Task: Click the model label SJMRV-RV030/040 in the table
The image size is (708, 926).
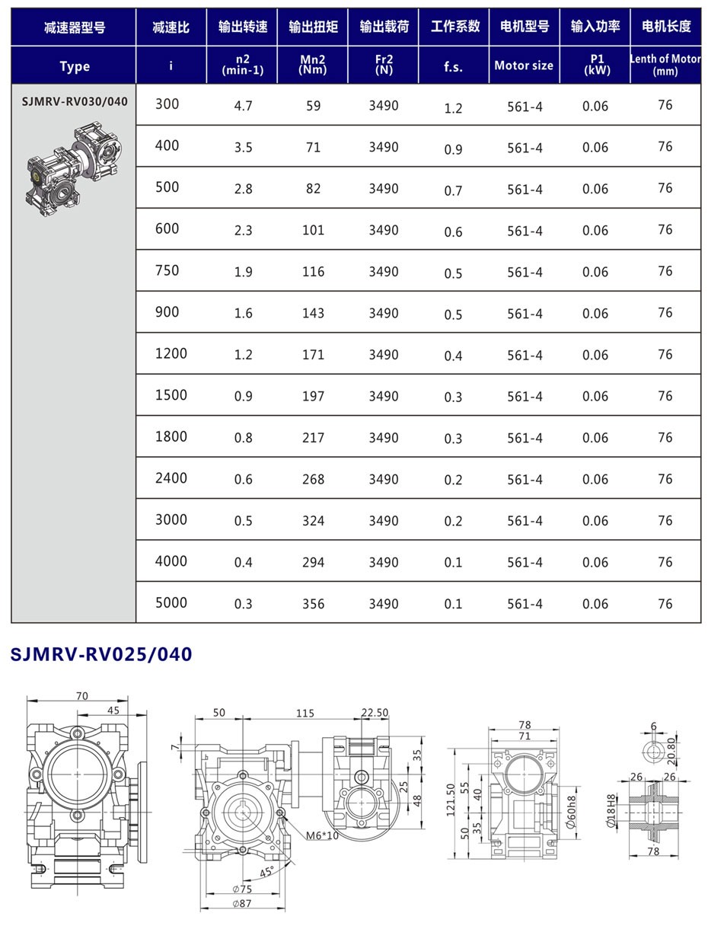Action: pyautogui.click(x=75, y=101)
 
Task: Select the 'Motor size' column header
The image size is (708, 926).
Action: pyautogui.click(x=524, y=65)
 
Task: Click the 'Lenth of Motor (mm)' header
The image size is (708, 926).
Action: pyautogui.click(x=665, y=65)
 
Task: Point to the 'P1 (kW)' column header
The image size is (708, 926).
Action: pyautogui.click(x=595, y=65)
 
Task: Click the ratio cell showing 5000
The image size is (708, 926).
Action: pyautogui.click(x=171, y=602)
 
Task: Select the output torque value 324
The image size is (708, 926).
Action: pyautogui.click(x=313, y=521)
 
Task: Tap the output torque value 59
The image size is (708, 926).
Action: pyautogui.click(x=313, y=106)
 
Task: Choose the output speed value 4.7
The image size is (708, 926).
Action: pyautogui.click(x=243, y=106)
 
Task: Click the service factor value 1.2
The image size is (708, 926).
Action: pyautogui.click(x=453, y=108)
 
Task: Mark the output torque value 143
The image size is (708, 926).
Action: pyautogui.click(x=313, y=313)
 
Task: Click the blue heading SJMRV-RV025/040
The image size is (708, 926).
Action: pyautogui.click(x=101, y=654)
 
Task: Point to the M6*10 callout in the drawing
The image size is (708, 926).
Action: pyautogui.click(x=323, y=835)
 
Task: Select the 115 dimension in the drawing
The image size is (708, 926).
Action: pyautogui.click(x=305, y=713)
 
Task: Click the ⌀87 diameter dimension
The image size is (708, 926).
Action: pyautogui.click(x=242, y=903)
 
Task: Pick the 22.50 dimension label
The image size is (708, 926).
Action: pyautogui.click(x=375, y=713)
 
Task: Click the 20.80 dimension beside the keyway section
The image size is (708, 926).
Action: pyautogui.click(x=671, y=751)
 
